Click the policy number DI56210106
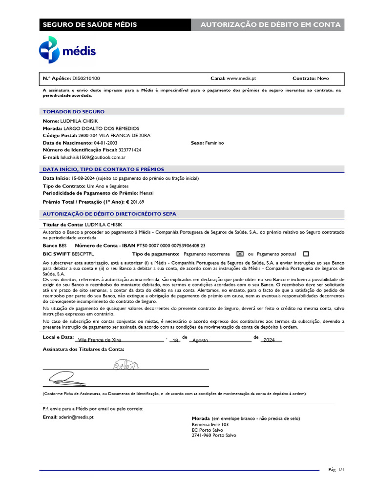[x=86, y=78]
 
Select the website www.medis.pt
[x=241, y=78]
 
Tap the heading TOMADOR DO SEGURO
[x=73, y=112]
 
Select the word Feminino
[x=214, y=143]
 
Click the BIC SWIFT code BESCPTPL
[x=83, y=254]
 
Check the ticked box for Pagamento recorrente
[x=239, y=254]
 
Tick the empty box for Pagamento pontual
[x=306, y=254]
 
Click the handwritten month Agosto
[x=200, y=340]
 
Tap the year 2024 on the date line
[x=269, y=340]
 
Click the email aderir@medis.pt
[x=76, y=417]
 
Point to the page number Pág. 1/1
[x=336, y=470]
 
